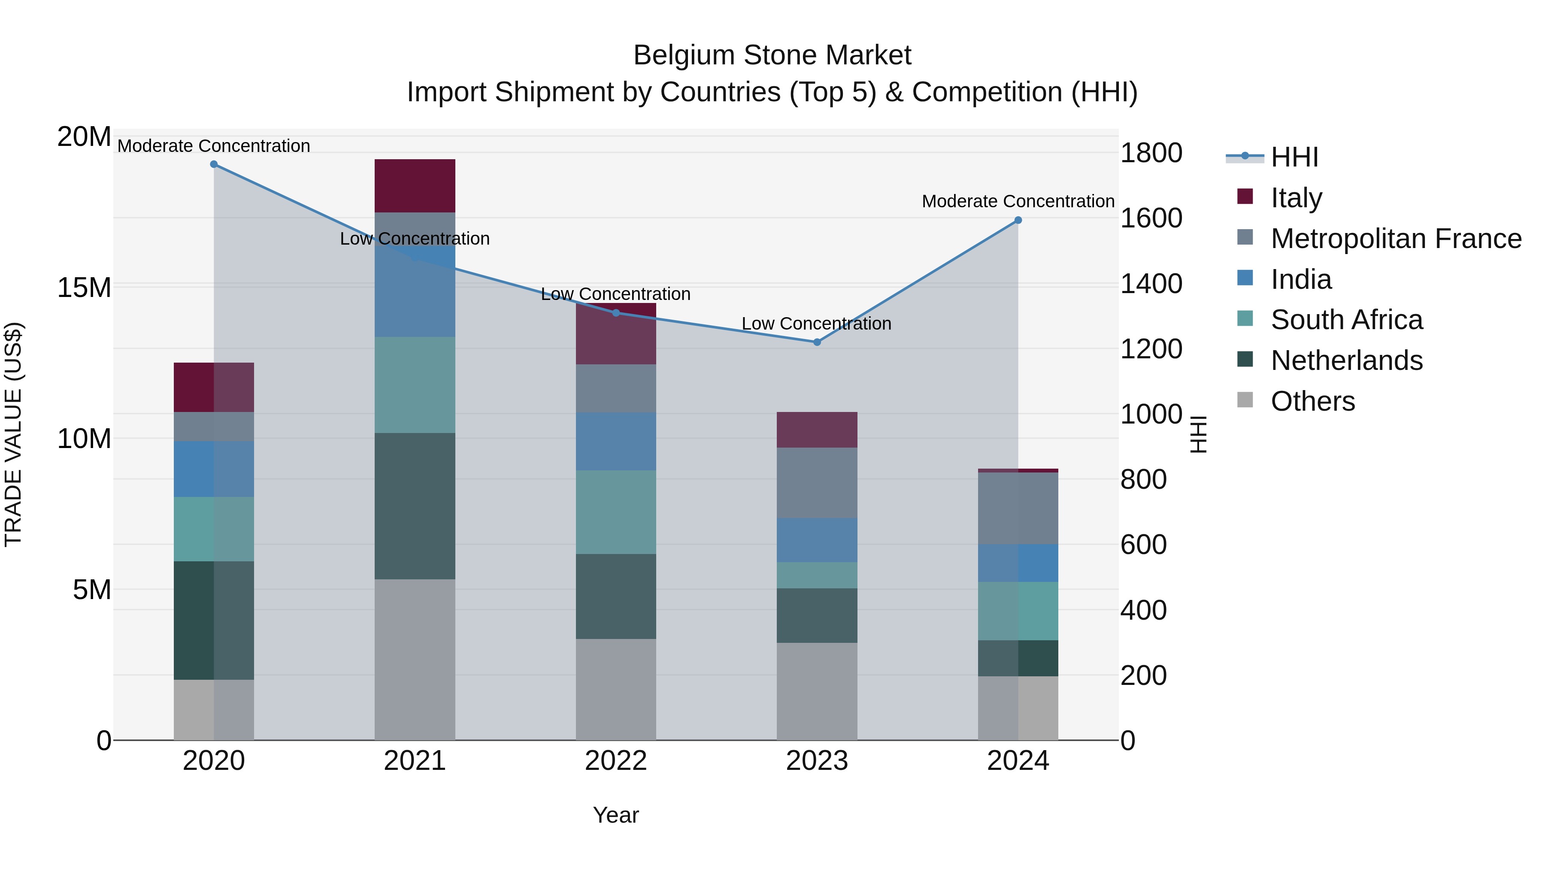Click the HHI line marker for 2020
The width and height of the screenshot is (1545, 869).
[x=214, y=164]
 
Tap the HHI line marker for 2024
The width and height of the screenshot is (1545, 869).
[x=1018, y=220]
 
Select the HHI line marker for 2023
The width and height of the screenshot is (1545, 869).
[x=817, y=342]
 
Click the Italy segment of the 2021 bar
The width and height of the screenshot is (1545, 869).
[x=415, y=185]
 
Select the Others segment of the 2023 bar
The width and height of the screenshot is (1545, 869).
[x=817, y=691]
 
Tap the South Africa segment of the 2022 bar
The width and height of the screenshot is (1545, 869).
[x=616, y=512]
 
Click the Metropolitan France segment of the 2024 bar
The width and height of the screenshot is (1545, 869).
[x=1018, y=508]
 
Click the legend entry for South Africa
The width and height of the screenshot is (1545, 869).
[x=1346, y=320]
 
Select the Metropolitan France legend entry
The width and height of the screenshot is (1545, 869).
[x=1396, y=239]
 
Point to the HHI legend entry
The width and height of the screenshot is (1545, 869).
[x=1294, y=157]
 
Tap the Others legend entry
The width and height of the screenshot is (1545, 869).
[x=1312, y=401]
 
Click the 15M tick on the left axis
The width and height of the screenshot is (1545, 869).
[x=84, y=287]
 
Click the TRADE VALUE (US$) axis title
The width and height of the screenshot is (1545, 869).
[x=13, y=434]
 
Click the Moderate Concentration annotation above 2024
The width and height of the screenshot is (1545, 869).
[x=1018, y=202]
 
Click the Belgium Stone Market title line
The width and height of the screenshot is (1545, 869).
[x=772, y=55]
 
